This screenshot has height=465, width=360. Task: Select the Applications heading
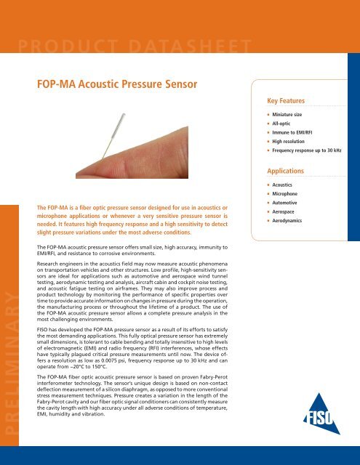pos(289,171)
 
